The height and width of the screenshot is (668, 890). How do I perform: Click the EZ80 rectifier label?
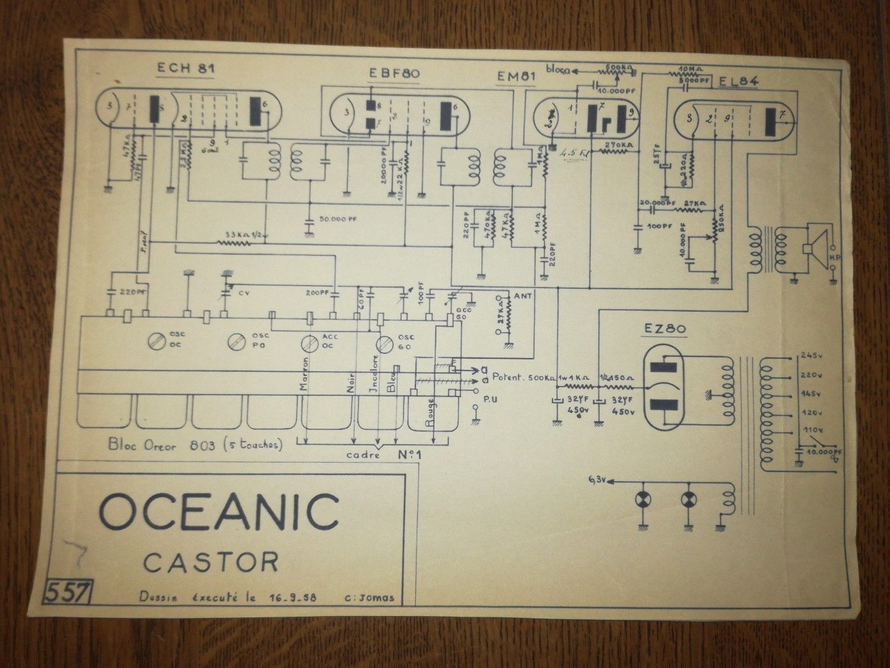668,330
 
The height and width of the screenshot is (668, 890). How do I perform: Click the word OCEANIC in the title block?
219,511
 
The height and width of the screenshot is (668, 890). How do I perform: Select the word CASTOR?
210,562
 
